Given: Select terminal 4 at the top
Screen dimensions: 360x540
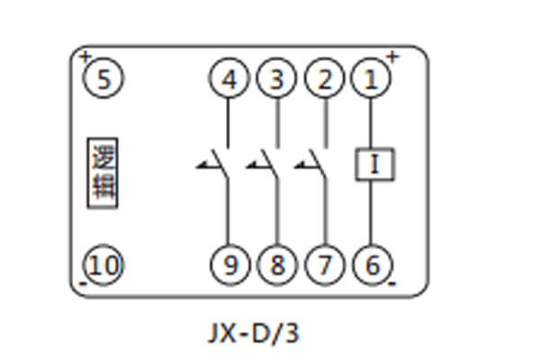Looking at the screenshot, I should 229,79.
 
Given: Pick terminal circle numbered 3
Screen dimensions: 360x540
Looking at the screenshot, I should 276,79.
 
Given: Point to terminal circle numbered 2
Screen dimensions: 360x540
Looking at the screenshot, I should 323,79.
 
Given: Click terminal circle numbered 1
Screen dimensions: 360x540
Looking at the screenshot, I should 370,79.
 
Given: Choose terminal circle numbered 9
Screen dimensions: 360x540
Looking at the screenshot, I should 229,265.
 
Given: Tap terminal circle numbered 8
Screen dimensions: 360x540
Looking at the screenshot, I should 276,265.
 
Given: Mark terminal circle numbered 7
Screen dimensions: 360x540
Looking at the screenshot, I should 323,265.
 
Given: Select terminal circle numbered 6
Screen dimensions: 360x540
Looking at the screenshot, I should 370,265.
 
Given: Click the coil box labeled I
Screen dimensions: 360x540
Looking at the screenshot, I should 373,165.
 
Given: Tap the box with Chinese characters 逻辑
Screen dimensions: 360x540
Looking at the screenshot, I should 103,172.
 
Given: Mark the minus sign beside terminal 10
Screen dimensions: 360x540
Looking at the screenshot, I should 83,283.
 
